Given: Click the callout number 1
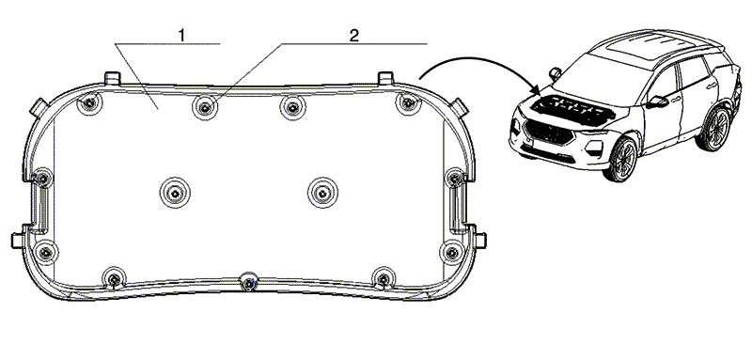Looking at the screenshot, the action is (x=181, y=35).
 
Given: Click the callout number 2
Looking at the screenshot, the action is (x=354, y=35).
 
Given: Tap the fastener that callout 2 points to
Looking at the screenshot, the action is (x=205, y=107).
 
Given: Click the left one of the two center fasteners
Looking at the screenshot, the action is (x=175, y=193).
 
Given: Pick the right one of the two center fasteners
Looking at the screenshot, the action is (x=322, y=193).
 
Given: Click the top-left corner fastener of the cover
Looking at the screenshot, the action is (x=89, y=102).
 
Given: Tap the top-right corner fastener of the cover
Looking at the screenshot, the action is (x=408, y=103).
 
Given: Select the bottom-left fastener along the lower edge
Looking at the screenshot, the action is (x=114, y=278).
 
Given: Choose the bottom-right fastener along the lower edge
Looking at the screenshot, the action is (x=384, y=278).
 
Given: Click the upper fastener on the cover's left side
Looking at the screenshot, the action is (x=42, y=179).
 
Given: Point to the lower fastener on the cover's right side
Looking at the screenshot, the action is (x=452, y=252).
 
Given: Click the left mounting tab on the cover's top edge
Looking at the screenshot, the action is (x=112, y=78).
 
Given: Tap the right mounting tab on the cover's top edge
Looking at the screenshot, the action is (x=385, y=78).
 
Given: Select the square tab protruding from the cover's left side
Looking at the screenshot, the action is (x=18, y=240).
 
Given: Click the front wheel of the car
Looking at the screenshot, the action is (x=622, y=159).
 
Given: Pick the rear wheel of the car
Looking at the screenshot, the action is (x=715, y=128).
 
